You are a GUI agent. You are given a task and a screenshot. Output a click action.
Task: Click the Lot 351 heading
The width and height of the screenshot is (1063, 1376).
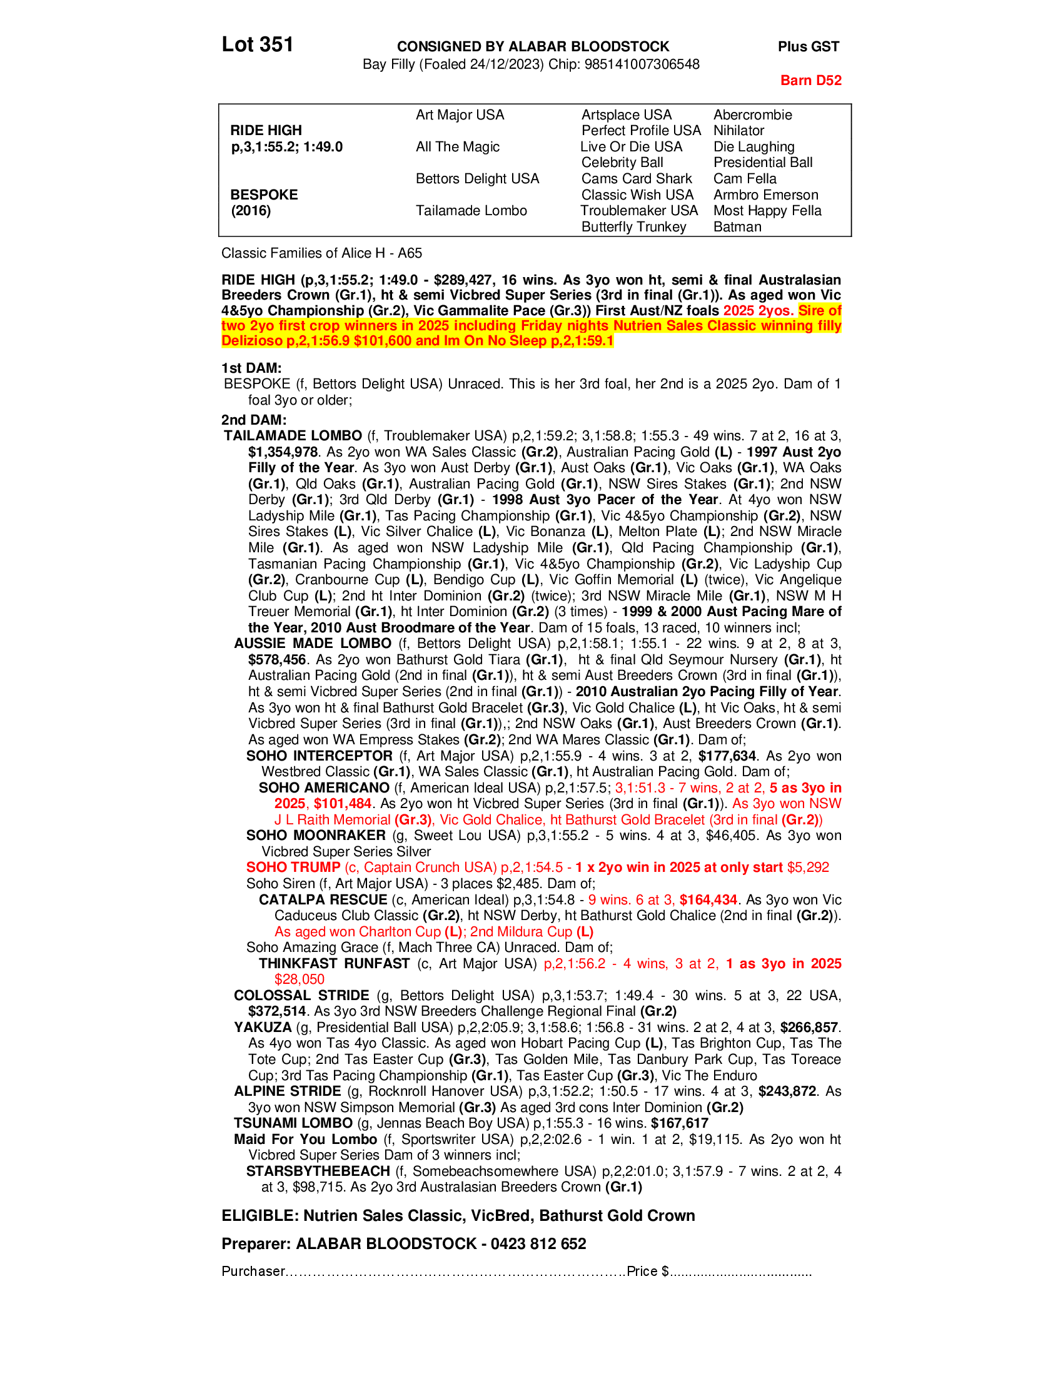coord(257,45)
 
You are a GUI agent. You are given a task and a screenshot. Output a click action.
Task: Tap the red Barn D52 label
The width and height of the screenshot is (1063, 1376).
coord(810,80)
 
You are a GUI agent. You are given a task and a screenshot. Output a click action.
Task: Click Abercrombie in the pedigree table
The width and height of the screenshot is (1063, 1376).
coord(752,114)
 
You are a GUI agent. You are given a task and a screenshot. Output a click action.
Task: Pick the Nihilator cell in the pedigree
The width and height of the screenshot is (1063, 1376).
coord(738,131)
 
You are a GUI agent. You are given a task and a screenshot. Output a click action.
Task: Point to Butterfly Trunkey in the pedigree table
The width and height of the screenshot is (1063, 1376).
coord(633,227)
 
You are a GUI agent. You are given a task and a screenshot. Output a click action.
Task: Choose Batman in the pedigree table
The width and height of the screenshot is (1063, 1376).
coord(737,227)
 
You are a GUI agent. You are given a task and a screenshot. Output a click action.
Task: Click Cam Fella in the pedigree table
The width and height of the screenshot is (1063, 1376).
coord(744,178)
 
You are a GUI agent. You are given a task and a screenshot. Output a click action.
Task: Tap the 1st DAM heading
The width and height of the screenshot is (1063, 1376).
coord(251,368)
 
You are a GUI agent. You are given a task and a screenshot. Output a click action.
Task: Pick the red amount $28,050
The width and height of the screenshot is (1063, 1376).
coord(299,979)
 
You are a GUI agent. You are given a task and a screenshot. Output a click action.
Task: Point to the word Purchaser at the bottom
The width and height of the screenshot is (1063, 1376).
coord(253,1272)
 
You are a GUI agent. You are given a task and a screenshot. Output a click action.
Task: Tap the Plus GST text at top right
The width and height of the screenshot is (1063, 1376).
coord(808,47)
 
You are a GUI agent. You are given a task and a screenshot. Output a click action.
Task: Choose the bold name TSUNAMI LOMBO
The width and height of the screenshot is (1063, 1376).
coord(293,1123)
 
